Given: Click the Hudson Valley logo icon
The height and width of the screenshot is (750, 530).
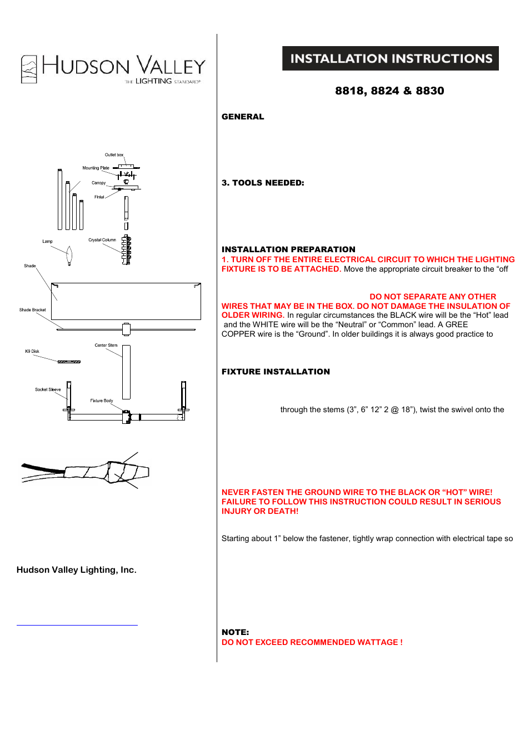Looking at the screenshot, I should point(29,69).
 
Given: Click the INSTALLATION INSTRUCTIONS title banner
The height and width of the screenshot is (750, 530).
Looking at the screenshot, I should point(391,58).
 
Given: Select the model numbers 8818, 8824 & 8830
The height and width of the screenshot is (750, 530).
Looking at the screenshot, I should point(389,91).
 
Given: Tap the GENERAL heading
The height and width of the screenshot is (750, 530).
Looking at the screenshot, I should point(243,117).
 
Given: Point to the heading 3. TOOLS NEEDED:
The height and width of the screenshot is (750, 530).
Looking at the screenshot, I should point(263,183).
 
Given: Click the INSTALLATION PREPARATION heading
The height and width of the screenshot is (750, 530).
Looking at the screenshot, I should point(288,249).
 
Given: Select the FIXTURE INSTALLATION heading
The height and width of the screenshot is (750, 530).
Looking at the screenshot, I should point(276,372).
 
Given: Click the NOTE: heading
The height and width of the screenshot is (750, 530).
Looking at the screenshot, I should point(235,632).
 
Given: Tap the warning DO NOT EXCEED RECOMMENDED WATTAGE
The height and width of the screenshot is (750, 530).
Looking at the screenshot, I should point(312,642).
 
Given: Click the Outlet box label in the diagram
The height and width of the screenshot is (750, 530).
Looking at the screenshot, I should point(114,155).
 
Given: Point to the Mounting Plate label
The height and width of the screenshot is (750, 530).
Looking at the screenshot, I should point(96,168).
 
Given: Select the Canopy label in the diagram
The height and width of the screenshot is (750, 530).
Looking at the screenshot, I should point(98,183).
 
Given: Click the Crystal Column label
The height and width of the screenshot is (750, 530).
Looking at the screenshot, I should point(102,240).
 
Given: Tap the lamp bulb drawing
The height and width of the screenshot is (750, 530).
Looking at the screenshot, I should point(69,256).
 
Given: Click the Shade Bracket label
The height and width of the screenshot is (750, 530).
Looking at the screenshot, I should point(32,310).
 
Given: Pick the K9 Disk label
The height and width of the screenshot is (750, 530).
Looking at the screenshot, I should point(32,352).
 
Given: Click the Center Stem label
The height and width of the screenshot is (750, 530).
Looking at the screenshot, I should point(106,346).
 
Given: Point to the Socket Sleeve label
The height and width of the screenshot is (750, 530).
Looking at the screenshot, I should point(48,390).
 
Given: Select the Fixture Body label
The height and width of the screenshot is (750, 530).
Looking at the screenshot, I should point(102,401).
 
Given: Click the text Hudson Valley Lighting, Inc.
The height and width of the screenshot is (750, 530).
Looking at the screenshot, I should point(77,570).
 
